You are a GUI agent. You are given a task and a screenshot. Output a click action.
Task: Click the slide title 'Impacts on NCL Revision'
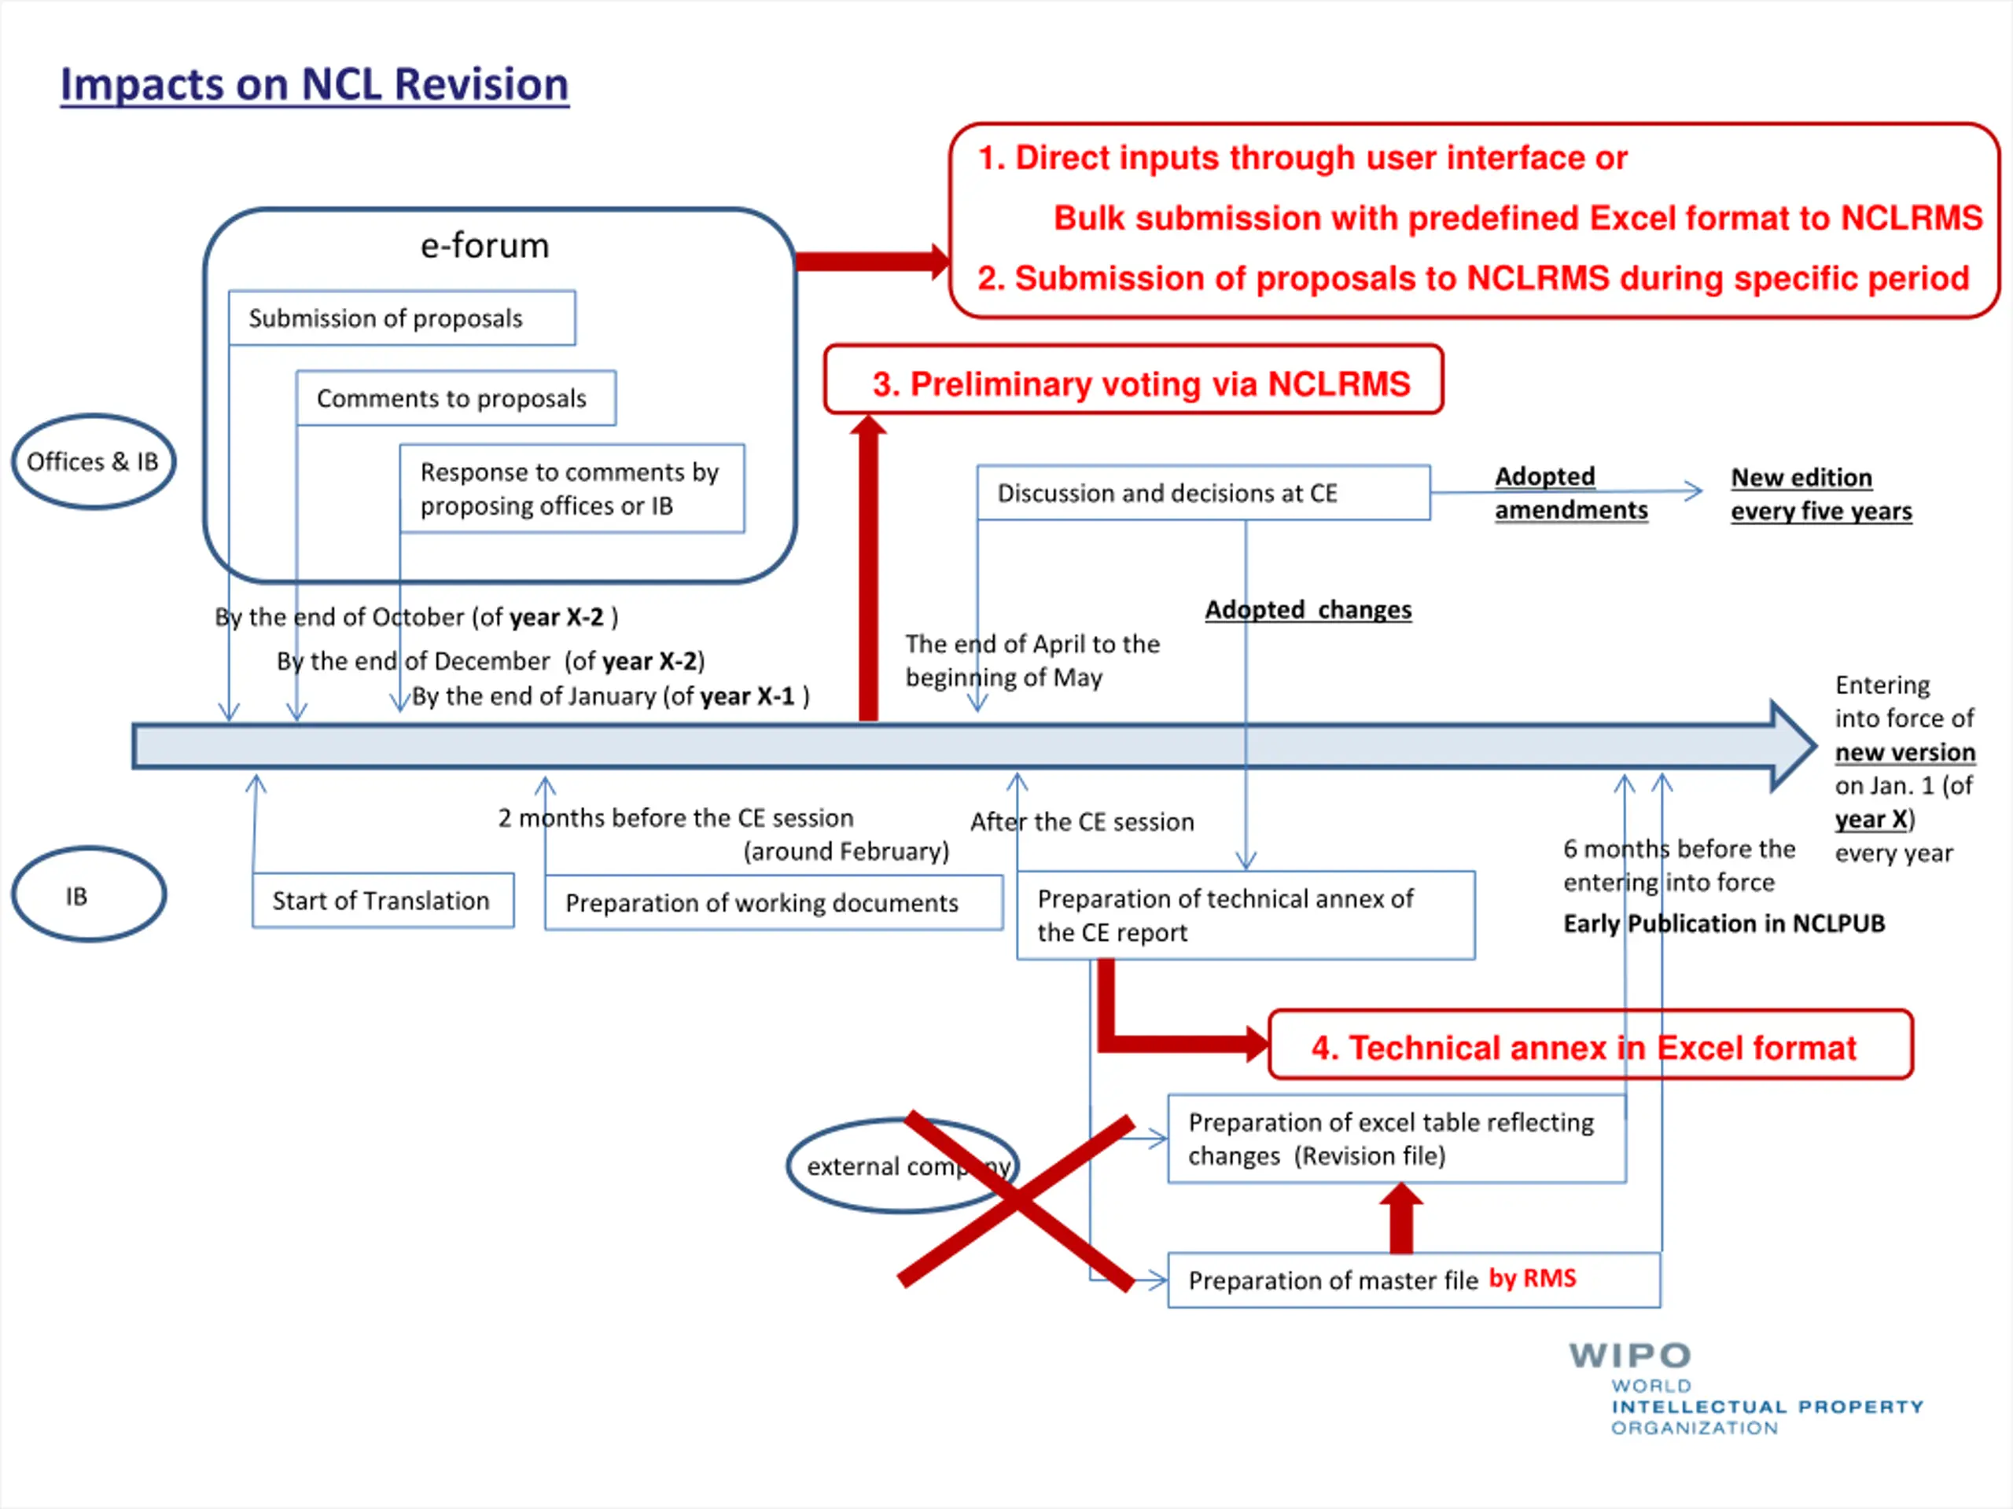point(315,85)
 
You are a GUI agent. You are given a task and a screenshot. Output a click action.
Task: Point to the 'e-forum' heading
point(484,245)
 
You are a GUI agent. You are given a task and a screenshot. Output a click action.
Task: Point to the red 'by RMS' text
point(1533,1278)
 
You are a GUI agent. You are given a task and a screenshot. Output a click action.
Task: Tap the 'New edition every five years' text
point(1821,494)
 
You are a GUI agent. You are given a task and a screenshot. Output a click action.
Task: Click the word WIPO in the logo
point(1630,1355)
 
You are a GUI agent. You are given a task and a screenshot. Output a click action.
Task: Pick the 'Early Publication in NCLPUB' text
point(1724,923)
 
